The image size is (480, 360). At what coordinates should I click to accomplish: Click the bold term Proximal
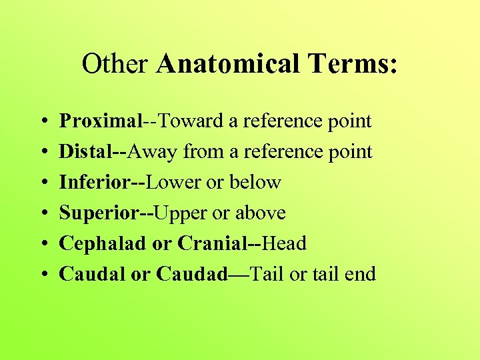pos(100,121)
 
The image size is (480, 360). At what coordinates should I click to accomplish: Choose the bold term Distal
pos(85,152)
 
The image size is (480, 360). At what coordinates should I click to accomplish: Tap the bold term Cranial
pos(213,243)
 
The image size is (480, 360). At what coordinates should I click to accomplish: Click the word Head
pos(284,243)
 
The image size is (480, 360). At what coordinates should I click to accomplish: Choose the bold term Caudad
pos(192,273)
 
